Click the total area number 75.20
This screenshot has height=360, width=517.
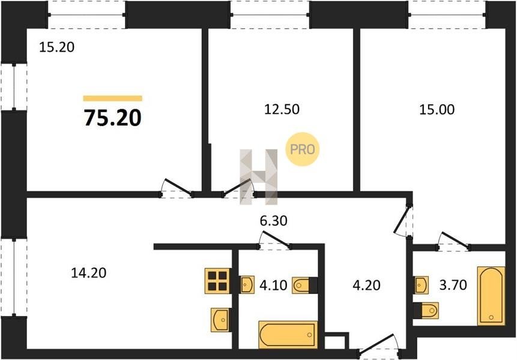click(113, 118)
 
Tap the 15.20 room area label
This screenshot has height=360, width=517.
click(56, 47)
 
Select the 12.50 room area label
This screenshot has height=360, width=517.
click(282, 109)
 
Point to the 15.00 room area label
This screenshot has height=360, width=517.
click(437, 109)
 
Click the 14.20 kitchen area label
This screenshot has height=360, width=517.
click(89, 273)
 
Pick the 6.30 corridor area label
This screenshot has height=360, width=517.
click(273, 221)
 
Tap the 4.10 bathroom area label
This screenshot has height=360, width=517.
click(273, 285)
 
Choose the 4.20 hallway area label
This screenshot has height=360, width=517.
click(366, 285)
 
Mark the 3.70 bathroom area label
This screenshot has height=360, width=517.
click(453, 285)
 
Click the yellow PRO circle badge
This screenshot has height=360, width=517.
click(303, 149)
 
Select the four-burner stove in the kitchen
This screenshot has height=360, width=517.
click(217, 281)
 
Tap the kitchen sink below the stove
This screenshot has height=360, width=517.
click(220, 319)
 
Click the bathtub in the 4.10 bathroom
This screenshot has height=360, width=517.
click(288, 335)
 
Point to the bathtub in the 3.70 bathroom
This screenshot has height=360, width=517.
click(491, 296)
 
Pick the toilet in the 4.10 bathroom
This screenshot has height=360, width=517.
click(304, 285)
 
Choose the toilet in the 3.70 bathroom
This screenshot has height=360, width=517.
click(426, 310)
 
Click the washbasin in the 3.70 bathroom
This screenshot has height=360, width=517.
click(421, 285)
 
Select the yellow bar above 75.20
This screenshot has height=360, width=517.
click(113, 98)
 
